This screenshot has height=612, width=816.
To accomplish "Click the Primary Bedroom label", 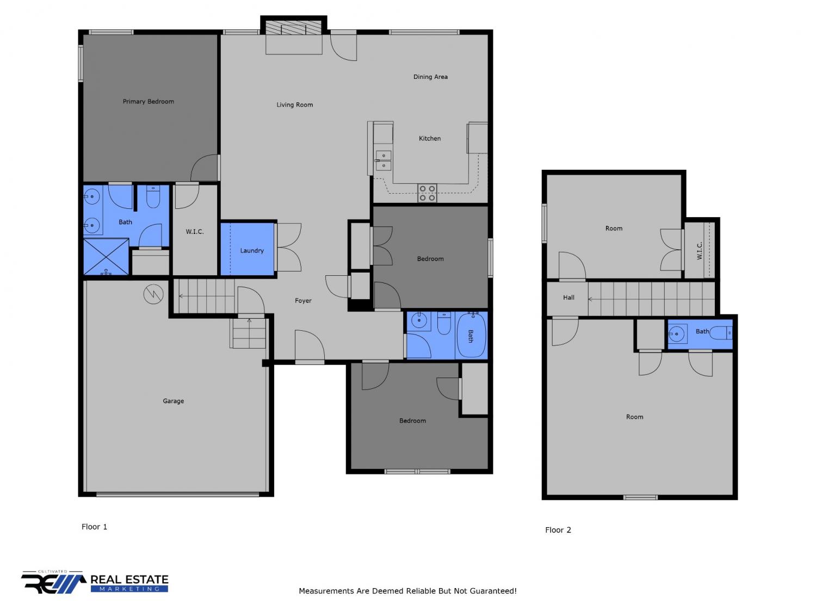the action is coord(149,101).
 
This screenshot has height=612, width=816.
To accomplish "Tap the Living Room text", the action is coord(294,105).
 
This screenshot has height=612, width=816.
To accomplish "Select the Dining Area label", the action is coord(430,77).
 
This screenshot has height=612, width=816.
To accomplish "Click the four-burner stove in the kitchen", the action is coord(427,193).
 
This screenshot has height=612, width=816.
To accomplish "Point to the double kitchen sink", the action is coord(384,160).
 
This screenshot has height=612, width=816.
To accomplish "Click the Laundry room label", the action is coord(252,250).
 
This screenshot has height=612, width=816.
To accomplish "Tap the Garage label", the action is coord(173,401).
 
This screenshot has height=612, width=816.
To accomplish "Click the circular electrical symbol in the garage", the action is coord(153,294).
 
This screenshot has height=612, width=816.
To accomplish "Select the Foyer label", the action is coord(303,301).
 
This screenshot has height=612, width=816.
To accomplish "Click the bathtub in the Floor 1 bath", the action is coord(471,335).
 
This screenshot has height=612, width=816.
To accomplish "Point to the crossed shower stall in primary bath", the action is coord(106,257).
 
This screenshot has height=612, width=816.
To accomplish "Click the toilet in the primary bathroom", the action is coord(153,196).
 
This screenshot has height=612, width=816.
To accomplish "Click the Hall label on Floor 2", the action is coord(568,298).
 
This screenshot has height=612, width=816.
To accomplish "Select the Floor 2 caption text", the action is coord(558,530).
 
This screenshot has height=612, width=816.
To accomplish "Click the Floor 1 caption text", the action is coord(94,527).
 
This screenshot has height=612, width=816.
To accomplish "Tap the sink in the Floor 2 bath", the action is coord(677,333).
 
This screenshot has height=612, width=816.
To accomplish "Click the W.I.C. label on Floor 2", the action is coord(699,250).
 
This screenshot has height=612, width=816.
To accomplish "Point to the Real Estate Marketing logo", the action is coord(95,582).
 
